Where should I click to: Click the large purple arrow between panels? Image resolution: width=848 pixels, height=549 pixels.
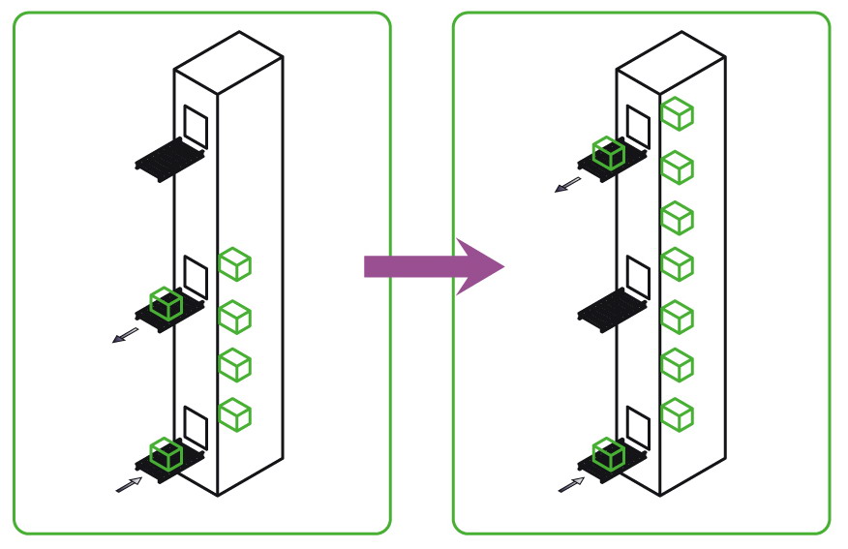coord(431,265)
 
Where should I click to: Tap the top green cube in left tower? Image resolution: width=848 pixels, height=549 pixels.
coord(234,264)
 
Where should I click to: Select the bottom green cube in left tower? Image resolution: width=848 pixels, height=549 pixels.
coord(234,413)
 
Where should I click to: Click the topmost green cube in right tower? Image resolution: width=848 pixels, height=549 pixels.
coord(678,113)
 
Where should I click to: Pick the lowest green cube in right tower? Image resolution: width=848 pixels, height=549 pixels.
coord(678,414)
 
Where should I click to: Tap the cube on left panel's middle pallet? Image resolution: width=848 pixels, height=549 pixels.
coord(167,304)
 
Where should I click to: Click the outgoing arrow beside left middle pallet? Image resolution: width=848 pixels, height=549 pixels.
coord(125,335)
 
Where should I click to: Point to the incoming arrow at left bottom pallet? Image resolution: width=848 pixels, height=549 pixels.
coord(128,483)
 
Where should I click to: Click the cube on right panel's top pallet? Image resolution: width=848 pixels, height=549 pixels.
coord(609,152)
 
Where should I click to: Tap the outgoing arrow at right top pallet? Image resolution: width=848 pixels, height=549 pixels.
coord(568,184)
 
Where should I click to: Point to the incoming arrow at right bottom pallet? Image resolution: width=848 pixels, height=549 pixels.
coord(571,482)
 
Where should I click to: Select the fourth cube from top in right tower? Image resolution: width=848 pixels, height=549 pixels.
coord(678,263)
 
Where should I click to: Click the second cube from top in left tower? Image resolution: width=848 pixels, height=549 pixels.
coord(234,316)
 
